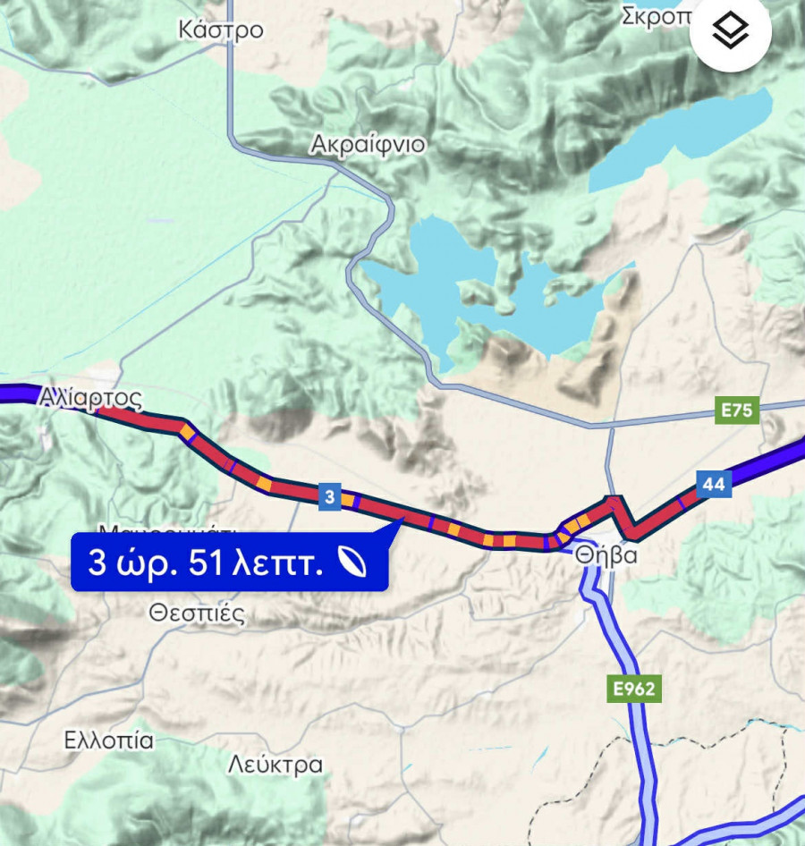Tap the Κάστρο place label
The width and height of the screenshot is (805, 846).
pos(221,30)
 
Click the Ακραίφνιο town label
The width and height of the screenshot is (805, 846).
pos(368,145)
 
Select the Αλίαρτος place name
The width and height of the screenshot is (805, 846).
pos(90,398)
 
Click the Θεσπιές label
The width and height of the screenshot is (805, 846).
pos(197,613)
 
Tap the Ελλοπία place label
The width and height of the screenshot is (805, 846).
pos(109,740)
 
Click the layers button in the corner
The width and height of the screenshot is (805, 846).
pos(730,32)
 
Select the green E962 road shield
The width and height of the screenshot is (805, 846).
pos(634,689)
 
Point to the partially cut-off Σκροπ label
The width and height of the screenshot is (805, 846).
pos(657,15)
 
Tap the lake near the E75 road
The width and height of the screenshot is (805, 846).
pos(483,286)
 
